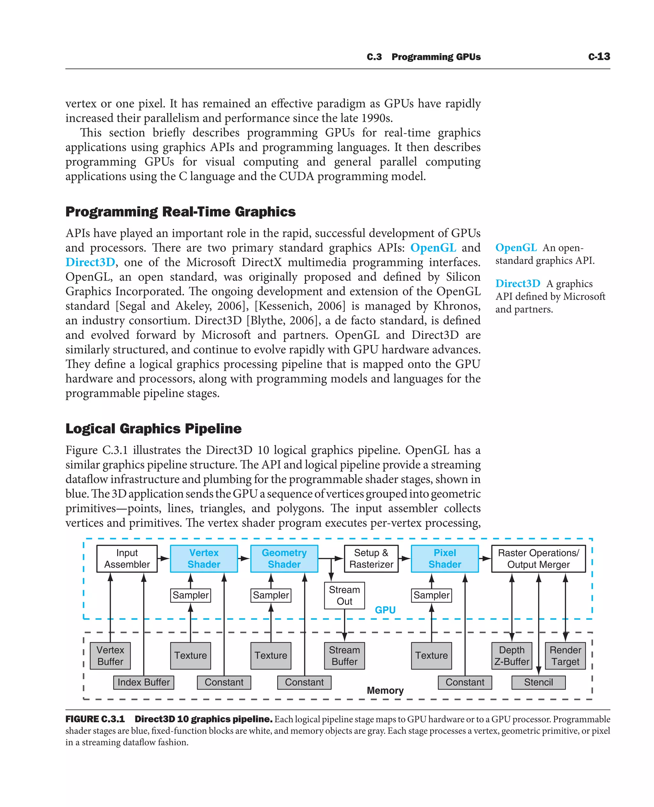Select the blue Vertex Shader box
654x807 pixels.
coord(204,558)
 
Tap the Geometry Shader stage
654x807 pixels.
coord(284,558)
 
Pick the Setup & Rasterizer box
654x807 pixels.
coord(371,558)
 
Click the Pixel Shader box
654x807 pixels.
coord(445,558)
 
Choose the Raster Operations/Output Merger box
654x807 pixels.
coord(538,558)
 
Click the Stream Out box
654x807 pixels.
coord(344,595)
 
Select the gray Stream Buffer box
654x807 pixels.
coord(344,656)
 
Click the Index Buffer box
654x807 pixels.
coord(143,682)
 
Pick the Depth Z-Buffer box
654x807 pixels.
coord(512,656)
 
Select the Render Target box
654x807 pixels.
coord(565,656)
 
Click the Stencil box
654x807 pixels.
coord(538,682)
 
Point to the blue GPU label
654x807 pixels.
coord(385,610)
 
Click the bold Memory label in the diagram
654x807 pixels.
coord(385,690)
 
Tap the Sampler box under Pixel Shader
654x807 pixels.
coord(431,595)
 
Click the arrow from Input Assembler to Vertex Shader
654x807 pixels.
coord(163,558)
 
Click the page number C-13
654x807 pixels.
coord(599,57)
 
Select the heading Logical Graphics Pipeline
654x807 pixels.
coord(153,428)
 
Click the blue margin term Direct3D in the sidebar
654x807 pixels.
coord(518,283)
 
